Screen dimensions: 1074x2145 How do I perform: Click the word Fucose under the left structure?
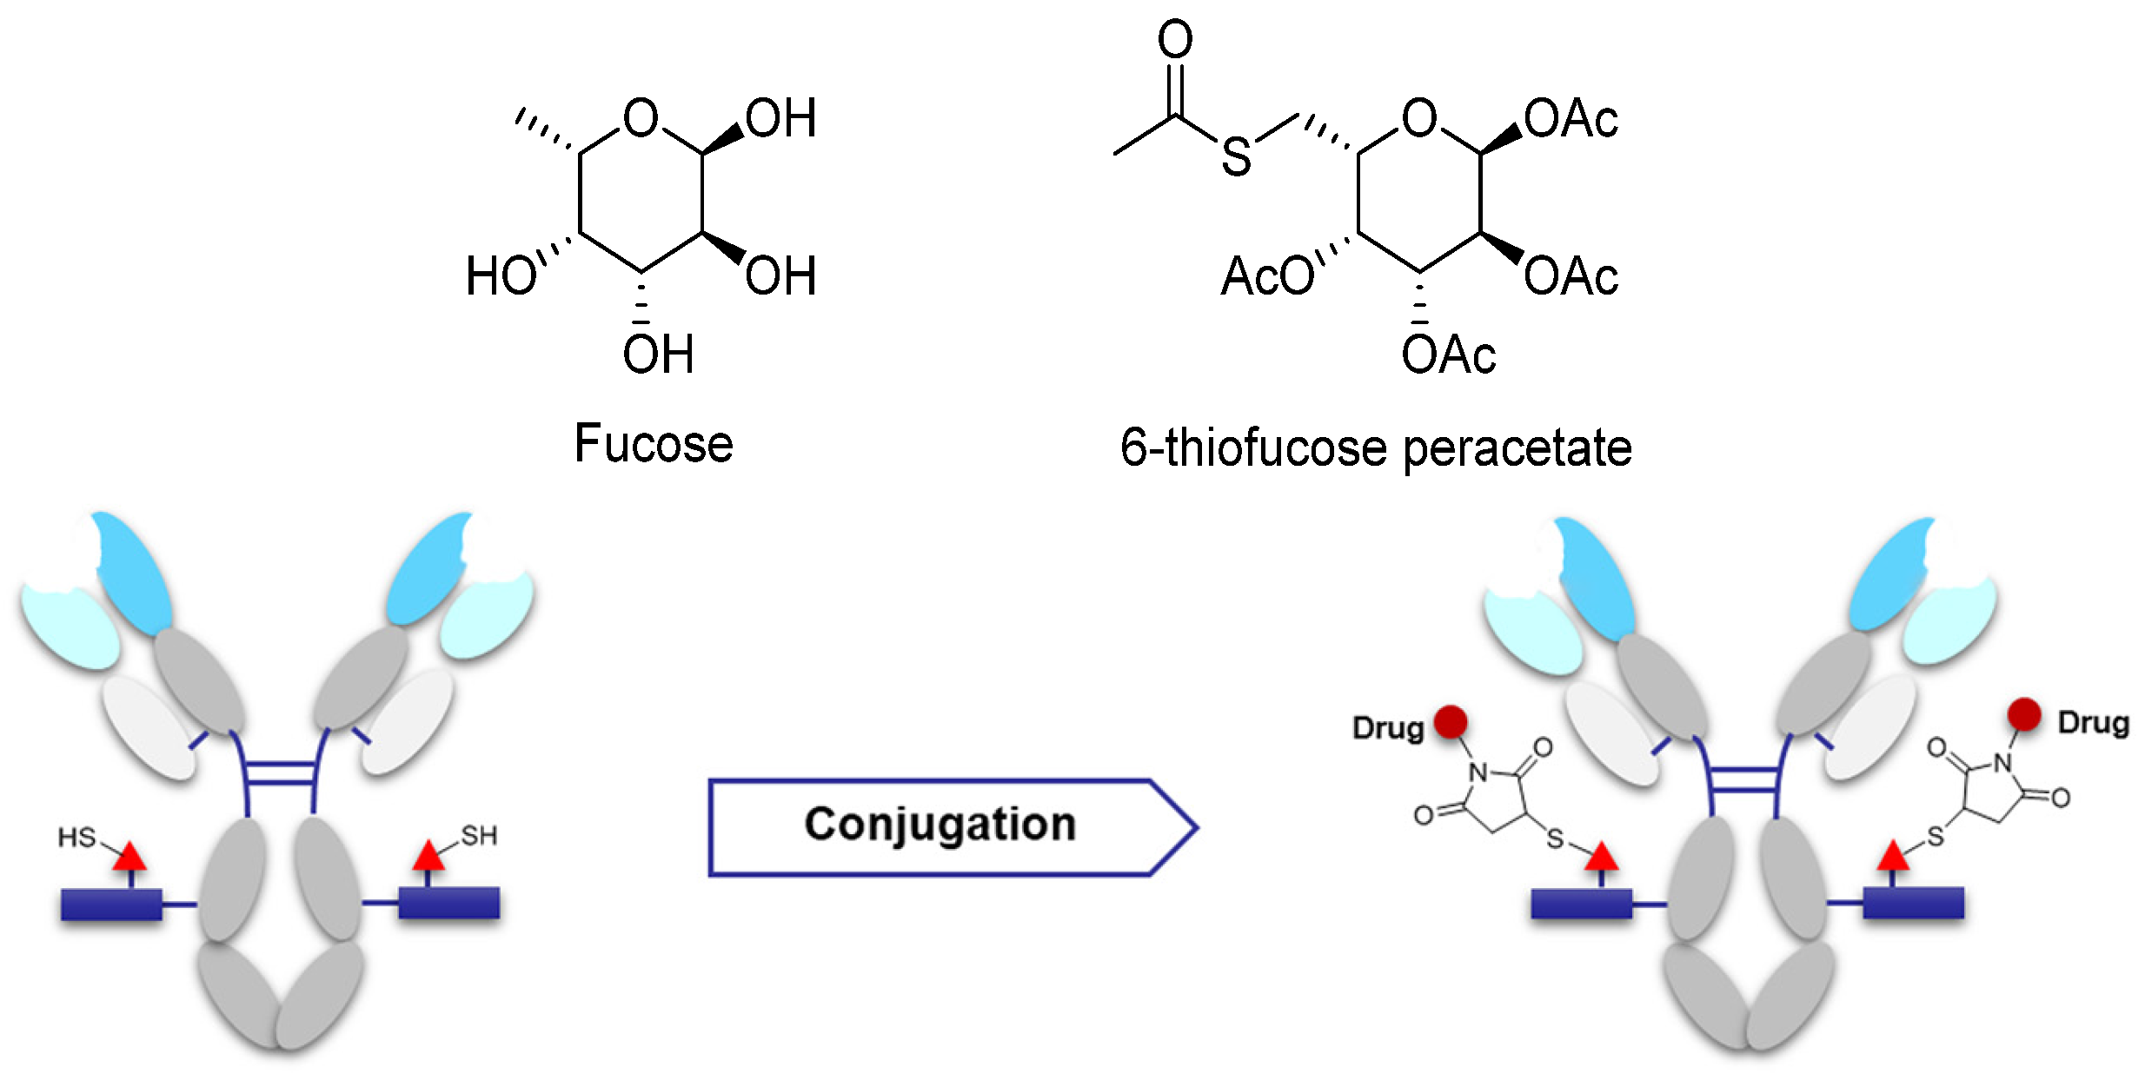[654, 445]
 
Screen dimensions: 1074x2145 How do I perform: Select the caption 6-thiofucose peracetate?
[1376, 448]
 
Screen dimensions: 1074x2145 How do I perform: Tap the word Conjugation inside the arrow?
[940, 824]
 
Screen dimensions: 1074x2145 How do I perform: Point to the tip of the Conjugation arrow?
[1195, 827]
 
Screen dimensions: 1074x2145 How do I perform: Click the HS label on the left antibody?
[76, 838]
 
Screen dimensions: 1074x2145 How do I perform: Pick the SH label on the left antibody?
[479, 836]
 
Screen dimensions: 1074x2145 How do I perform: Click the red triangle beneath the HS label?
[129, 858]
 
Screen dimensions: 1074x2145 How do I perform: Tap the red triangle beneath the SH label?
[428, 857]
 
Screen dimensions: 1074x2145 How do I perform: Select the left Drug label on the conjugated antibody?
[1388, 728]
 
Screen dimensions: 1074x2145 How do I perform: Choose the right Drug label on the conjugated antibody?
[2093, 723]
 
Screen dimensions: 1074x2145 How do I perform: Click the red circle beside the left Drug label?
[1451, 721]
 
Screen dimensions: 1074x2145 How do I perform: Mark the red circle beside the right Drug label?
[2024, 714]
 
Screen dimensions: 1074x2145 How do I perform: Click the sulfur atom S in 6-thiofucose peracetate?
[1236, 157]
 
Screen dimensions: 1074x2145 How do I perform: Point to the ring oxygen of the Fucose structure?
[641, 118]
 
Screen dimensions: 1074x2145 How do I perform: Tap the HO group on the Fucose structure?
[501, 276]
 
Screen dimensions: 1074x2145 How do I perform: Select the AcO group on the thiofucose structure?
[1267, 276]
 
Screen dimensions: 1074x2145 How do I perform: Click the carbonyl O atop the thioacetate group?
[1175, 40]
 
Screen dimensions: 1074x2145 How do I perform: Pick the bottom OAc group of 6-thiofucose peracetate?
[1448, 355]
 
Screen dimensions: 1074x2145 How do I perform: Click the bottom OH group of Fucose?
[658, 355]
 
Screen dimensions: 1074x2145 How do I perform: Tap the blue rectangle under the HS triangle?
[111, 904]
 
